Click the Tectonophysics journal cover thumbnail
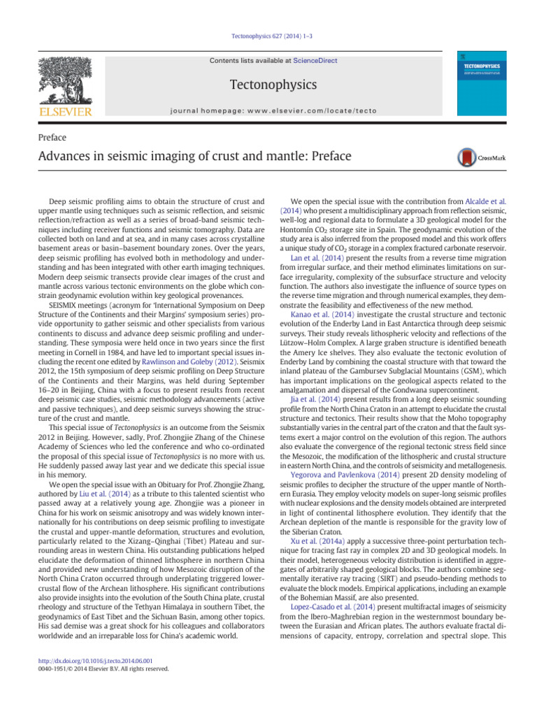click(481, 83)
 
